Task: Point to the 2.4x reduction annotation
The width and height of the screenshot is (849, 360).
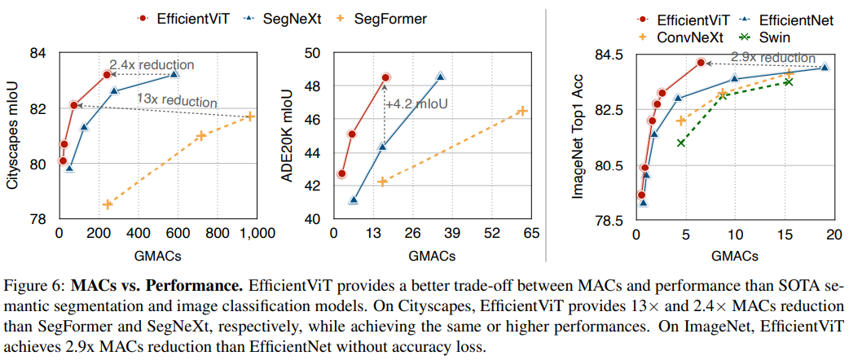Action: (152, 64)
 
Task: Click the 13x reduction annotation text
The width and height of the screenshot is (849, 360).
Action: (177, 100)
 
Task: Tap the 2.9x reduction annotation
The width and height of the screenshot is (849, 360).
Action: (773, 58)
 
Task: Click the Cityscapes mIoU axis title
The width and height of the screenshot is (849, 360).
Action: (13, 135)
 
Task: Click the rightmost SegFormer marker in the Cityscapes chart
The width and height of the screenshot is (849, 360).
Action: (250, 116)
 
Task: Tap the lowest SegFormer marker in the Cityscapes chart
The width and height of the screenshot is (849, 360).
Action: (107, 204)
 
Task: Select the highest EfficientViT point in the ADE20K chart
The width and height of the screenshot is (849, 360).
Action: (385, 77)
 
